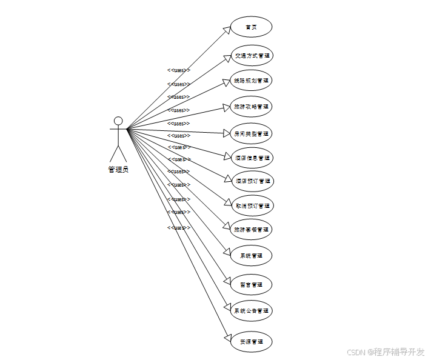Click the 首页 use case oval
click(251, 27)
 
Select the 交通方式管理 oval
click(251, 56)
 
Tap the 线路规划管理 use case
click(251, 80)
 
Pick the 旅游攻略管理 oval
click(251, 106)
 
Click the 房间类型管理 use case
click(251, 133)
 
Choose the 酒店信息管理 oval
click(251, 158)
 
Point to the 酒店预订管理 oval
click(251, 181)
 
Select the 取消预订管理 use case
click(251, 205)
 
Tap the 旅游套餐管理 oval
click(251, 230)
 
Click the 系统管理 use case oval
click(251, 256)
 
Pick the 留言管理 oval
click(251, 284)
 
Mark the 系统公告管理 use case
click(251, 310)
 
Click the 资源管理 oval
click(251, 341)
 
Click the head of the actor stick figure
click(118, 121)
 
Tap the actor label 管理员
click(118, 170)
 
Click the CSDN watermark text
click(386, 352)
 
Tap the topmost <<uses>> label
click(179, 70)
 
